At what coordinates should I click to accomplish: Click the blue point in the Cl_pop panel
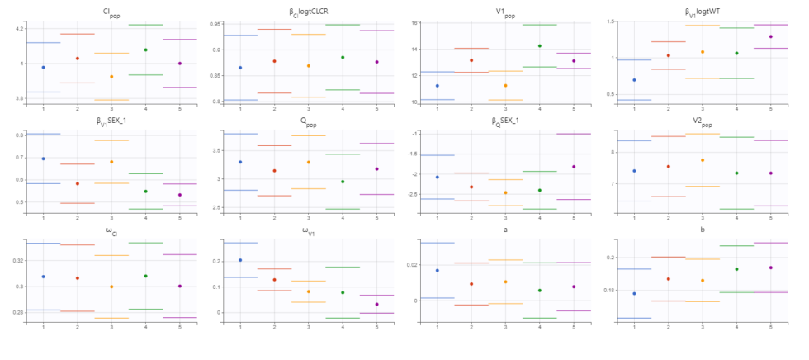tap(42, 67)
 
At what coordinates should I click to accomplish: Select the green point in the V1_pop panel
tap(539, 46)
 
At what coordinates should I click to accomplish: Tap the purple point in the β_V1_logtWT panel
tap(770, 36)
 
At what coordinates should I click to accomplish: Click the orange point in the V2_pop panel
tap(703, 160)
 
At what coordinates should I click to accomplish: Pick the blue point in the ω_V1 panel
tap(240, 260)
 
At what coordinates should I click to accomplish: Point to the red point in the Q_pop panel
tap(274, 171)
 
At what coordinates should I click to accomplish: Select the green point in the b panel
tap(736, 269)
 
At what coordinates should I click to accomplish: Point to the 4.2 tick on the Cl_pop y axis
tap(18, 29)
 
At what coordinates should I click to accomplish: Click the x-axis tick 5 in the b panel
tap(770, 328)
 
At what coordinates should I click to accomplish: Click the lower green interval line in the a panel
tap(539, 318)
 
